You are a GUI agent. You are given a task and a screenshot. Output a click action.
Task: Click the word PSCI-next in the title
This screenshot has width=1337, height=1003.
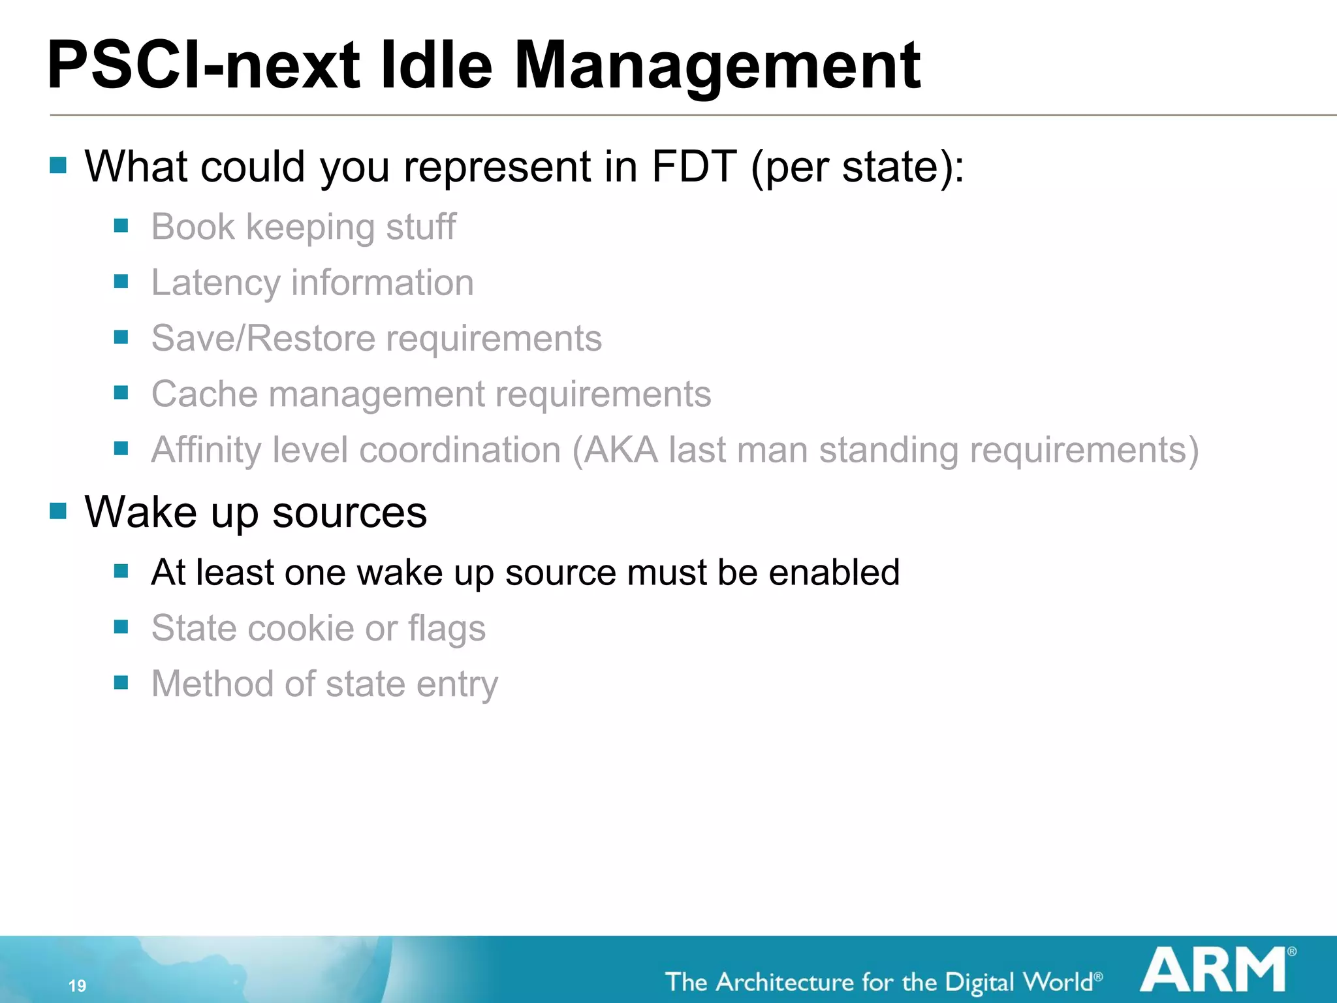pos(203,65)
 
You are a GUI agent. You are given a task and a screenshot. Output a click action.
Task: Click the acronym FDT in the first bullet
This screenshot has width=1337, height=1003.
pos(694,167)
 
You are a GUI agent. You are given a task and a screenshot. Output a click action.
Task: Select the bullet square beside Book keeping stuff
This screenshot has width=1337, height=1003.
pos(121,226)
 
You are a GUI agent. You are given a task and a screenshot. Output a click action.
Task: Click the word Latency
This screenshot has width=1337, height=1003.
pos(215,283)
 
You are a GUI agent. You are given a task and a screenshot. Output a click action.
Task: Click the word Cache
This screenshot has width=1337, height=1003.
pos(204,394)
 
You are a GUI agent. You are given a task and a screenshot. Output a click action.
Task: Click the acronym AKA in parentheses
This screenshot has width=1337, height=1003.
pos(620,450)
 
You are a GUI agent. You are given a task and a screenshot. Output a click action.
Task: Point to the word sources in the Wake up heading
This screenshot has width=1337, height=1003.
pos(349,513)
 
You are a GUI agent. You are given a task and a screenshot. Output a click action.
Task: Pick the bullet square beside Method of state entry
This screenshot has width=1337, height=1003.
pos(121,682)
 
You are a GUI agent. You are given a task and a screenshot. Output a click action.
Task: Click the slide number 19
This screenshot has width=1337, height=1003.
pos(77,985)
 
